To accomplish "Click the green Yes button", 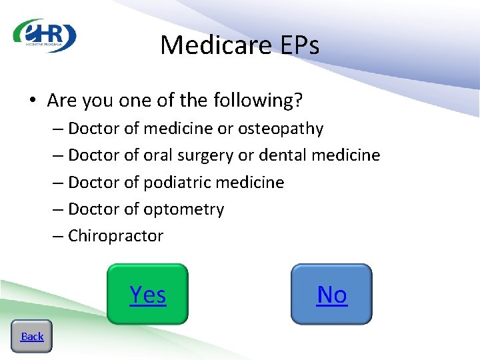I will click(x=147, y=294).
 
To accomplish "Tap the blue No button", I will click(x=331, y=294).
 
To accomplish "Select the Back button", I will click(x=32, y=336).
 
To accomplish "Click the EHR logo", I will click(x=45, y=35).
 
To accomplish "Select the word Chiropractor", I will click(x=115, y=236).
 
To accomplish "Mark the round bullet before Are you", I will click(x=32, y=101).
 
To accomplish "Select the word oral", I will click(x=158, y=155).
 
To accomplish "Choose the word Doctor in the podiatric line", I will click(x=94, y=182).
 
